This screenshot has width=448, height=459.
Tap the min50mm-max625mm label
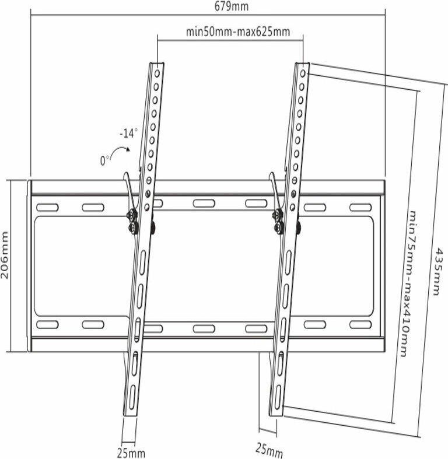(237, 32)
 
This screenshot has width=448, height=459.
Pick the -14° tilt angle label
(128, 133)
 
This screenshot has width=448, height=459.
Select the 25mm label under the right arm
(269, 449)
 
